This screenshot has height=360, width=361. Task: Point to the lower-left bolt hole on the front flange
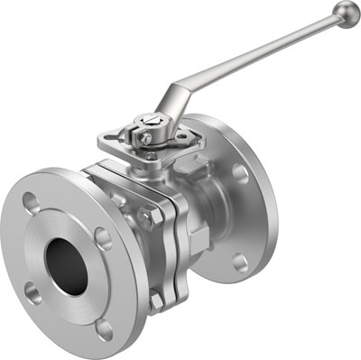tap(33, 291)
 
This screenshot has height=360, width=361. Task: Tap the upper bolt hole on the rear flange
tap(239, 173)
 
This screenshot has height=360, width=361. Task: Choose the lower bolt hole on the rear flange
tap(239, 263)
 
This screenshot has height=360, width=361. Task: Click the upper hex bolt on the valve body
tap(147, 217)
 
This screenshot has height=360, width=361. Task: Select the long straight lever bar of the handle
tap(262, 53)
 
